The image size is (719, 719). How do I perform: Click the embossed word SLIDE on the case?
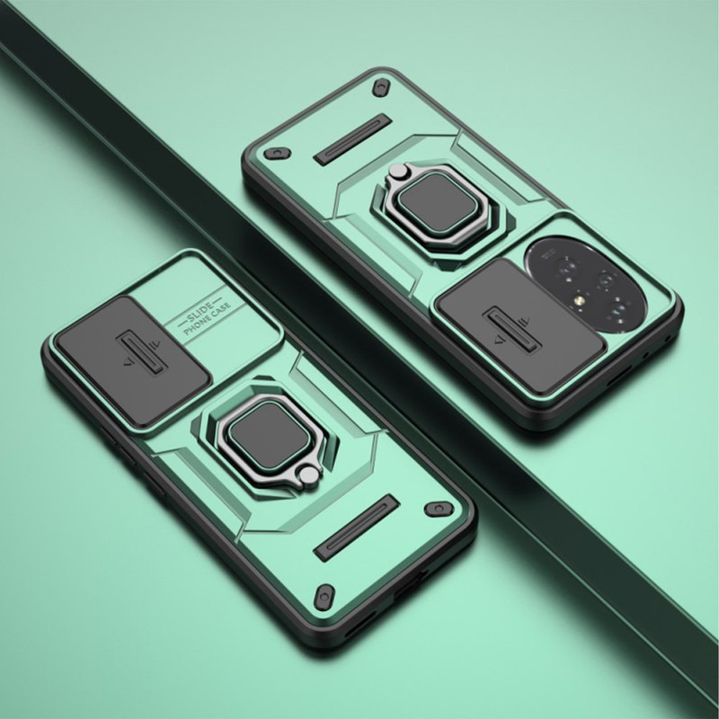point(200,310)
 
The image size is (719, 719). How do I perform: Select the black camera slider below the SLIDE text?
point(132,360)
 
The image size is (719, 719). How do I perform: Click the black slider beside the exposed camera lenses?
point(520,324)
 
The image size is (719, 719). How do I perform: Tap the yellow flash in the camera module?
point(577,301)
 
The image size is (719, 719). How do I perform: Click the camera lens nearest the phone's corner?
point(618,309)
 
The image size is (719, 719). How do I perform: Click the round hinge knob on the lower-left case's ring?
point(308,475)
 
